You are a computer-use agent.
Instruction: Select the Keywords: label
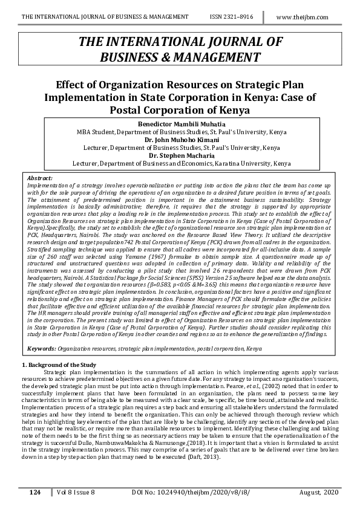[x=42, y=349]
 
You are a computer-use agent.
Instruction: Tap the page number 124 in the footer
[x=35, y=493]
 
